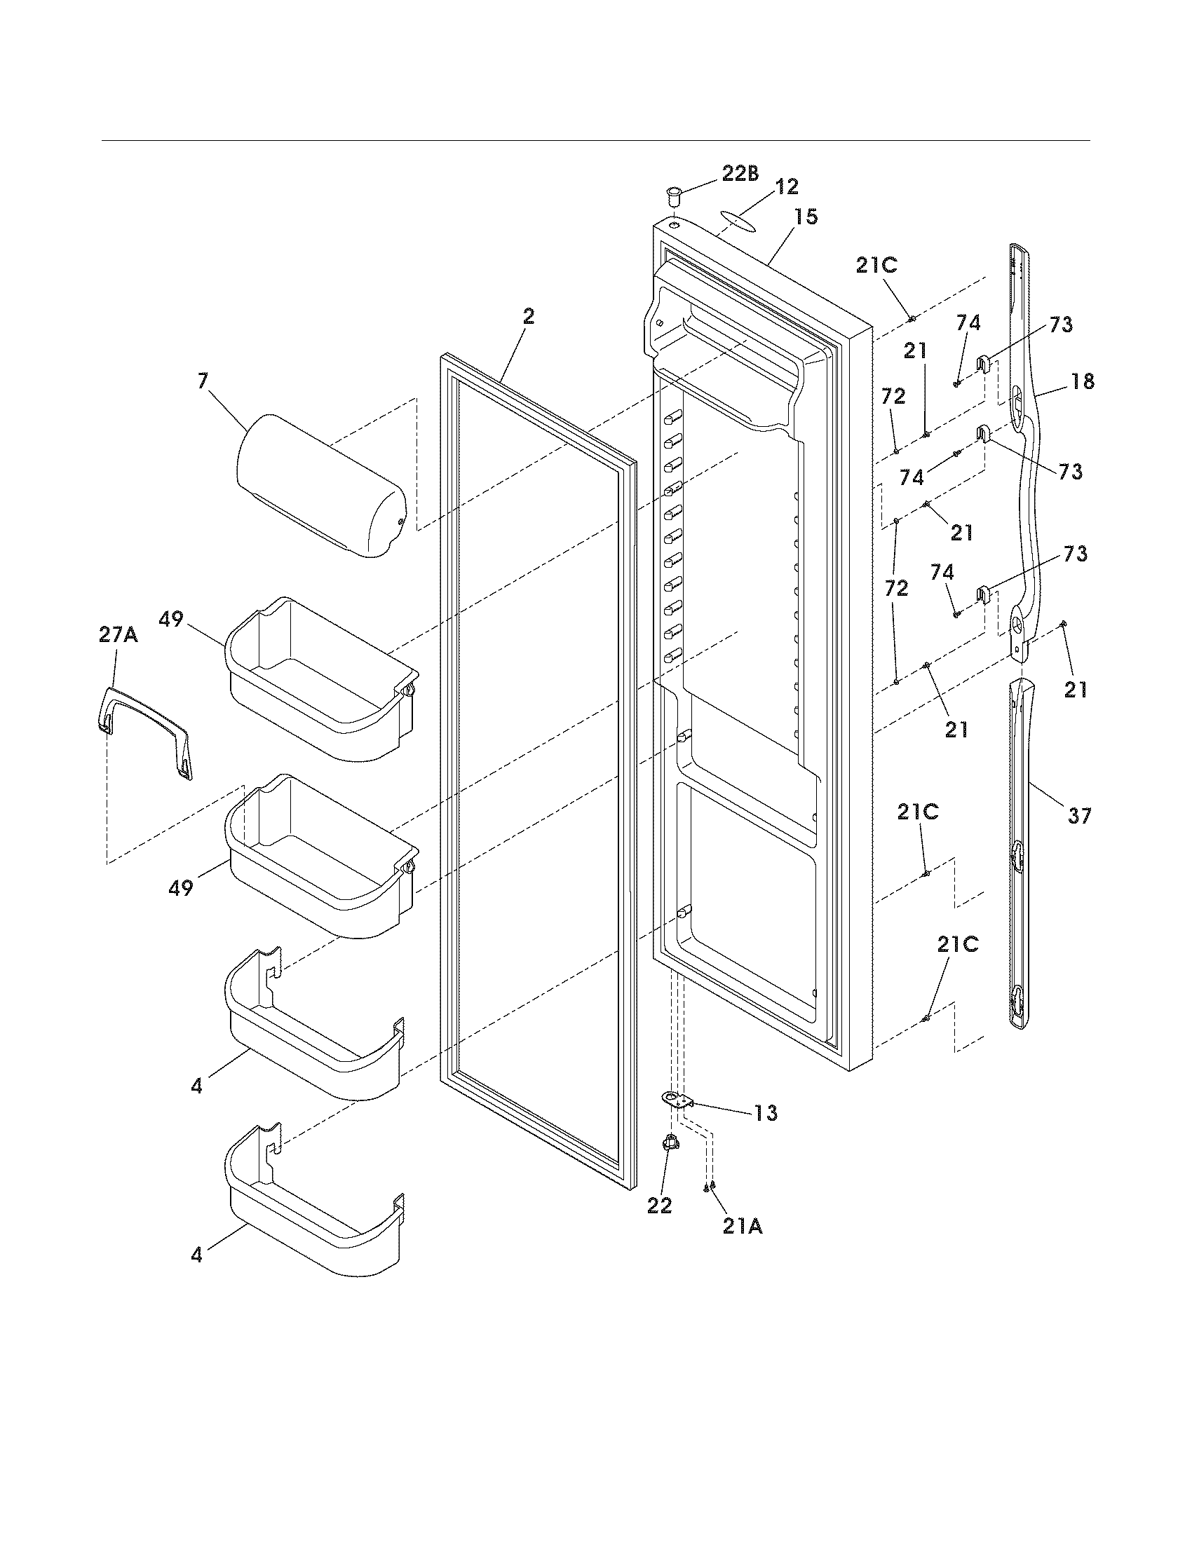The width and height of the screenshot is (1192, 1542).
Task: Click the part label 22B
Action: click(x=738, y=174)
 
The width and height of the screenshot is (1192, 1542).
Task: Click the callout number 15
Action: click(x=805, y=217)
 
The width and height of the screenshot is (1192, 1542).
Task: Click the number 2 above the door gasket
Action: click(x=528, y=317)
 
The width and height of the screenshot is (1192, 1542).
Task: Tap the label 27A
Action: click(x=118, y=635)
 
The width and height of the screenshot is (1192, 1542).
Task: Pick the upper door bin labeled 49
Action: click(x=321, y=678)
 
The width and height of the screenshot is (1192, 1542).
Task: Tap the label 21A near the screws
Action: click(x=742, y=1227)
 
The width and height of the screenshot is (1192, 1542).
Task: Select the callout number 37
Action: click(x=1080, y=816)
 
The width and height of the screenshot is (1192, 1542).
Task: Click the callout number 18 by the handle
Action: click(x=1083, y=381)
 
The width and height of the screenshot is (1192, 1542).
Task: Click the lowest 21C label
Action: click(x=958, y=945)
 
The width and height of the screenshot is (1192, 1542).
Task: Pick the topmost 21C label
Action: click(x=876, y=265)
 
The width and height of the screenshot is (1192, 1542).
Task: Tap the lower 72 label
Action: click(x=896, y=588)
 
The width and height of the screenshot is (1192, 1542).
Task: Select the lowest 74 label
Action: click(x=942, y=572)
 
